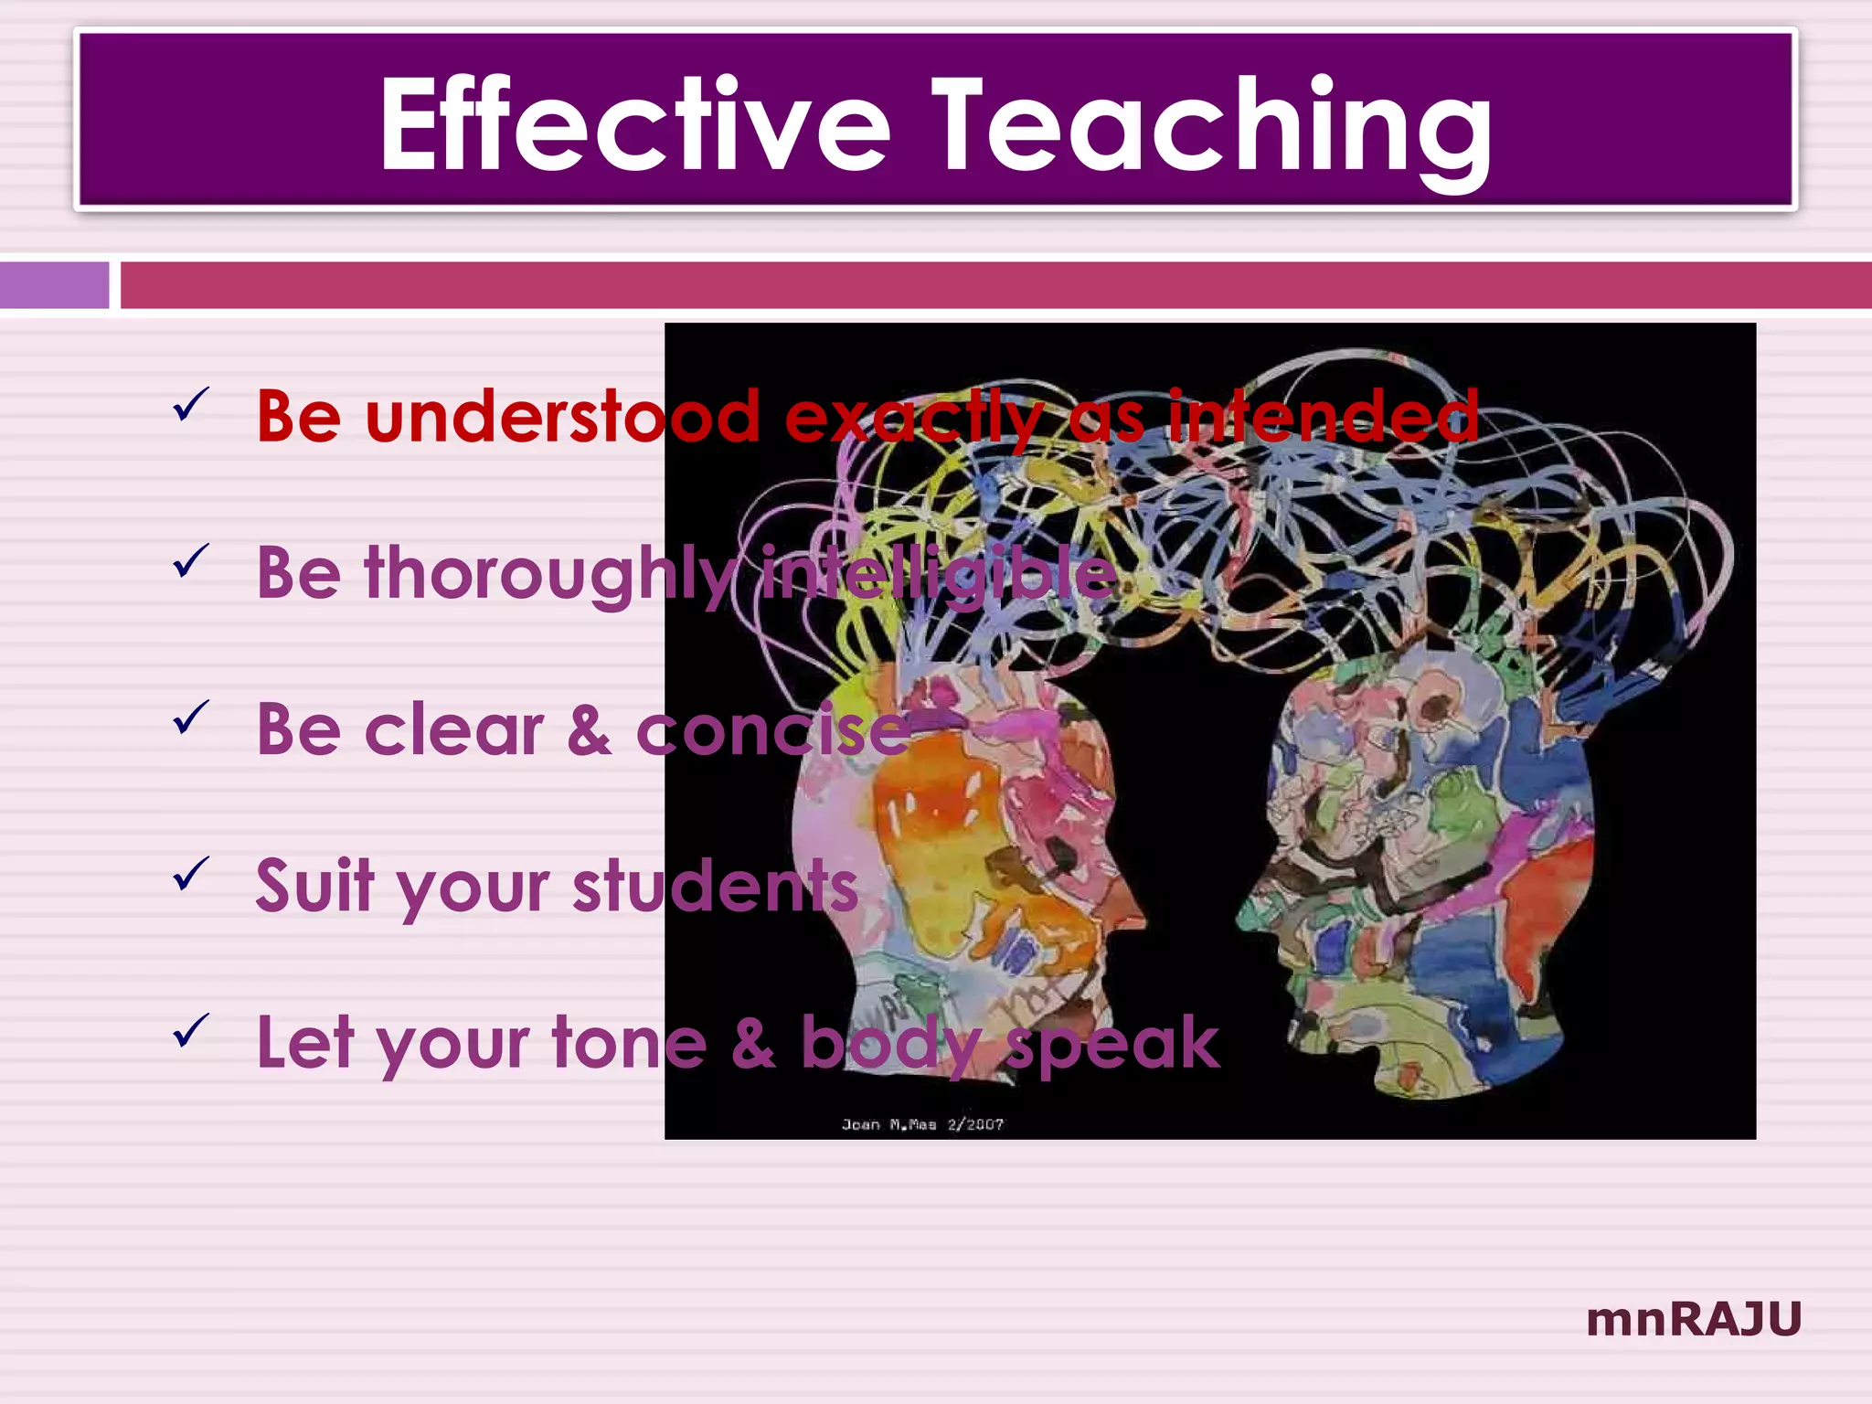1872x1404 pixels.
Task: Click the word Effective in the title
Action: pyautogui.click(x=634, y=125)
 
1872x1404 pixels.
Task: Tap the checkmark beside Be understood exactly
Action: pyautogui.click(x=191, y=404)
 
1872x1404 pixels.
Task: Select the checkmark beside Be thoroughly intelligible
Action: pyautogui.click(x=191, y=560)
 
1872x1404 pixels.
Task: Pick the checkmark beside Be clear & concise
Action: pyautogui.click(x=191, y=717)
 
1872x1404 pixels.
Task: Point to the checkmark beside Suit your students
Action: pyautogui.click(x=191, y=873)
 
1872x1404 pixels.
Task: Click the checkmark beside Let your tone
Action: pyautogui.click(x=191, y=1029)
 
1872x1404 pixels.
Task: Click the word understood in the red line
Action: pyautogui.click(x=562, y=417)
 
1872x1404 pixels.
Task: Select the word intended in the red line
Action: pyautogui.click(x=1324, y=417)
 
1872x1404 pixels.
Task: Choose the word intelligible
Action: pyautogui.click(x=940, y=574)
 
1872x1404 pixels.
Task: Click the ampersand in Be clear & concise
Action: pyautogui.click(x=590, y=731)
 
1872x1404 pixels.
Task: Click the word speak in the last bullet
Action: pyautogui.click(x=1112, y=1045)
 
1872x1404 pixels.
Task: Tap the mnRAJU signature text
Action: pyautogui.click(x=1694, y=1319)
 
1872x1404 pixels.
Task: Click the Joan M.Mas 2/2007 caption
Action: pyautogui.click(x=922, y=1124)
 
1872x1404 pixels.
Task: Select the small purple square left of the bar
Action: pyautogui.click(x=54, y=285)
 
